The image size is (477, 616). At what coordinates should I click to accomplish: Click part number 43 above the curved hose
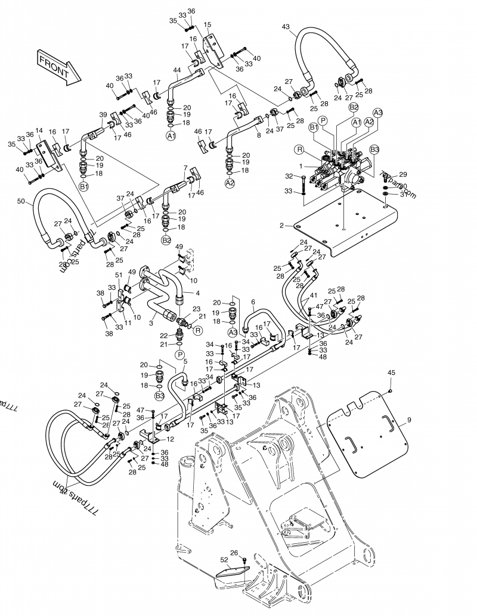point(286,26)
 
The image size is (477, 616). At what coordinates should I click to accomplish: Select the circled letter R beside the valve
point(298,150)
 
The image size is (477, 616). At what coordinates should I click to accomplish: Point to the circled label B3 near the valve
point(374,149)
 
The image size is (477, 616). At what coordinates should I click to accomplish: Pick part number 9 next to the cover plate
point(409,420)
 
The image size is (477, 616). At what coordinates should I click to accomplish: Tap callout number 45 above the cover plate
point(391,373)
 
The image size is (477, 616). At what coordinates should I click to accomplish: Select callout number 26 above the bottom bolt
point(234,552)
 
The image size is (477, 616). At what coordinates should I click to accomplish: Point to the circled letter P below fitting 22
point(179,355)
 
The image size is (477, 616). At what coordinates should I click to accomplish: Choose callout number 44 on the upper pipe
point(176,70)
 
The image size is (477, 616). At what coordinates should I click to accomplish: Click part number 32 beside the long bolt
point(289,176)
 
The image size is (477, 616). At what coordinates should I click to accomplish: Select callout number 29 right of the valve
point(403,174)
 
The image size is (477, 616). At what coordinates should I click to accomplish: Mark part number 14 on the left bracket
point(39,130)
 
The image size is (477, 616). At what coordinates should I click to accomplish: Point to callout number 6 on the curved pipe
point(253,302)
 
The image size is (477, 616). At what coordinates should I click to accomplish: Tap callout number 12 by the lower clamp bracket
point(171,439)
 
